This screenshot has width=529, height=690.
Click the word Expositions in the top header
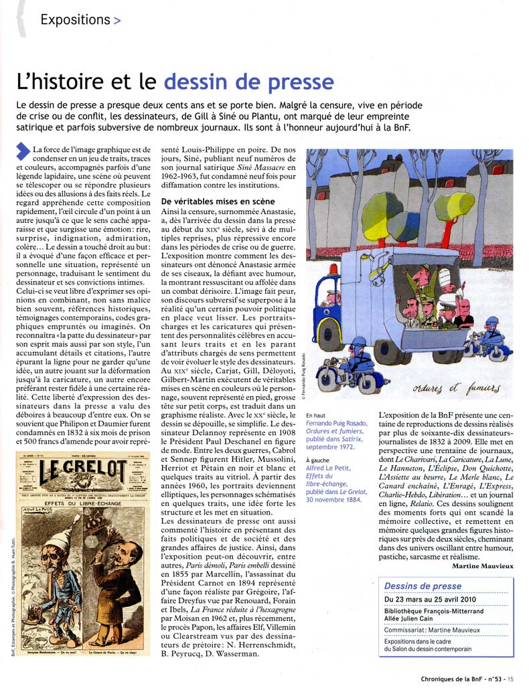(x=74, y=19)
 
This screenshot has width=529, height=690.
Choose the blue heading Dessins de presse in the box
(x=423, y=586)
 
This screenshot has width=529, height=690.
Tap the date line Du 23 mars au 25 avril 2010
(x=430, y=599)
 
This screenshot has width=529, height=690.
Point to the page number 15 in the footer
(x=511, y=680)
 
